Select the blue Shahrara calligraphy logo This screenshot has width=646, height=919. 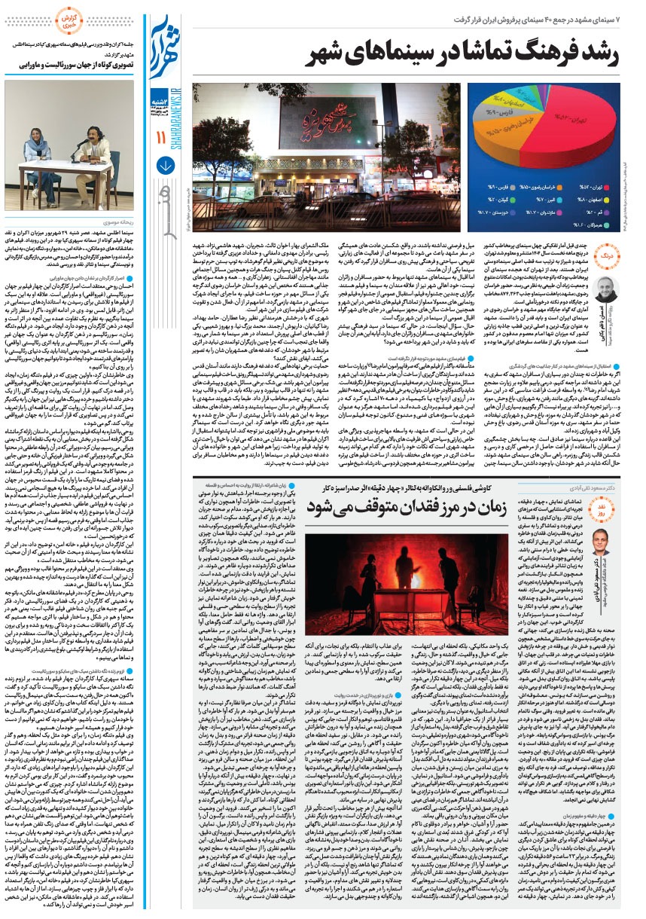point(166,49)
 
